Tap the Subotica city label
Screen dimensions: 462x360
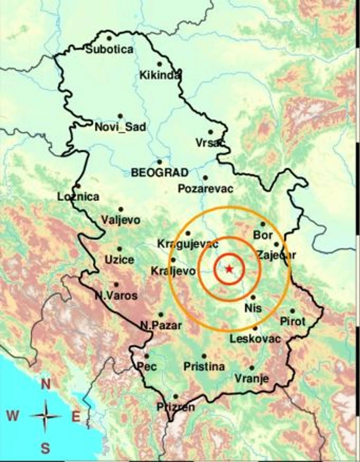tap(110, 49)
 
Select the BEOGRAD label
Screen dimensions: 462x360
tap(159, 173)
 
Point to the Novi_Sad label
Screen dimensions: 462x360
tap(120, 127)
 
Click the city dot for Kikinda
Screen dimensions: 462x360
tap(159, 64)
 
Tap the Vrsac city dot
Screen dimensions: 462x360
tap(211, 132)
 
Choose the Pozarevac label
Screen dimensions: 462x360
tap(206, 189)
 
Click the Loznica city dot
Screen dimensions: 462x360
tap(78, 186)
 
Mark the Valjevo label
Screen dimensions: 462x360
tap(121, 220)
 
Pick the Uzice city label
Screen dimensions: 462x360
tap(119, 260)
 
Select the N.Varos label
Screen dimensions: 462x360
tap(116, 296)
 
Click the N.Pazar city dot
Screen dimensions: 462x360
tap(161, 314)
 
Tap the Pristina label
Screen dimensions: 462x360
tap(204, 366)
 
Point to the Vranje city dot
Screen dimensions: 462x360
tap(252, 368)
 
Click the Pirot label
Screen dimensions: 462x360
tap(293, 322)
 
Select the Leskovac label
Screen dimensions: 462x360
tap(255, 339)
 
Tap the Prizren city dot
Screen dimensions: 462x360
tap(175, 396)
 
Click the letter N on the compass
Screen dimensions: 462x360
tap(46, 384)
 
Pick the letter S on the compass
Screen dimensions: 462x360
tap(46, 448)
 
